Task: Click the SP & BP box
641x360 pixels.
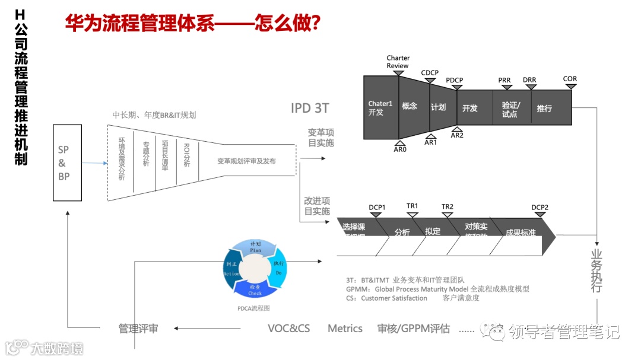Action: pyautogui.click(x=63, y=163)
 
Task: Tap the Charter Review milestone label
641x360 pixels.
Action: pyautogui.click(x=398, y=62)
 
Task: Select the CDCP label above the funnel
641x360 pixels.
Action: pyautogui.click(x=430, y=73)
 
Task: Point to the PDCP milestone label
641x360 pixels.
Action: pyautogui.click(x=455, y=81)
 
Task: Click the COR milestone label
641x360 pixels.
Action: pyautogui.click(x=570, y=79)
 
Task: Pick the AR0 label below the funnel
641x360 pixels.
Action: pyautogui.click(x=400, y=149)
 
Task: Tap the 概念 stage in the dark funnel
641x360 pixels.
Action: pyautogui.click(x=410, y=106)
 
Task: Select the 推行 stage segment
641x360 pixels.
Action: pyautogui.click(x=544, y=109)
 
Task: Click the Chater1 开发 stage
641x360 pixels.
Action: pyautogui.click(x=380, y=107)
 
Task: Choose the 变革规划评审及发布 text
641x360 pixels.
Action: pyautogui.click(x=246, y=161)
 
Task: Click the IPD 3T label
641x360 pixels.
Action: pyautogui.click(x=310, y=108)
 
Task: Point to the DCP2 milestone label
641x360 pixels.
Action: pyautogui.click(x=540, y=208)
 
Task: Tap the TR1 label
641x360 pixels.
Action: pyautogui.click(x=412, y=206)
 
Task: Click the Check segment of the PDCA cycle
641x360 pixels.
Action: pyautogui.click(x=255, y=289)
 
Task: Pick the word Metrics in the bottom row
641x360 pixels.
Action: pyautogui.click(x=345, y=329)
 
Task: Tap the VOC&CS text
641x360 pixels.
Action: pyautogui.click(x=288, y=329)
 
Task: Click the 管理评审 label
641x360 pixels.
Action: pyautogui.click(x=138, y=329)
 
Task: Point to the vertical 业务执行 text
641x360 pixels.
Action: pyautogui.click(x=596, y=270)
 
